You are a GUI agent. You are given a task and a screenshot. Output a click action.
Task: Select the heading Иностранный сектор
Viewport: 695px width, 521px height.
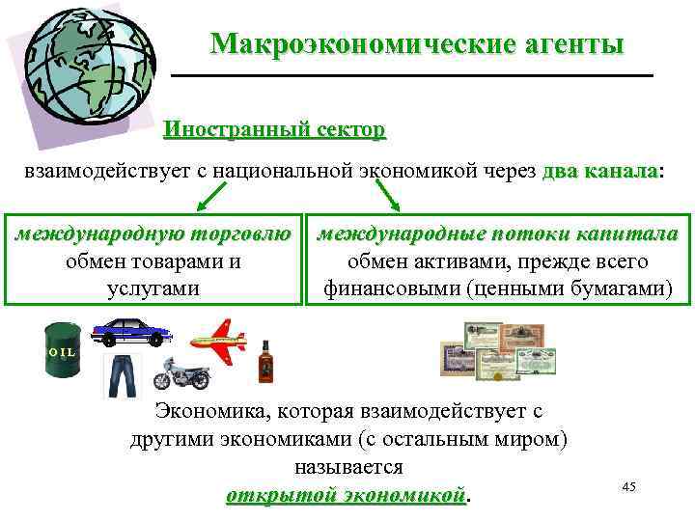click(x=274, y=129)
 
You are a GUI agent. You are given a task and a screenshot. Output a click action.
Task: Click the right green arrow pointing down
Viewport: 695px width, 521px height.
click(x=386, y=198)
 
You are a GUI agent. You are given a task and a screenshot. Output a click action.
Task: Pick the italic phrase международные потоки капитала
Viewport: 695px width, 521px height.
click(x=498, y=235)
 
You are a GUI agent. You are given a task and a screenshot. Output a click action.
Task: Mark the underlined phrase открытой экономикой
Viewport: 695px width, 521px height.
click(x=345, y=495)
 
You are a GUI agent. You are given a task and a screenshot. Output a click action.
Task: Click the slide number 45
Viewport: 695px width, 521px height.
click(x=629, y=487)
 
